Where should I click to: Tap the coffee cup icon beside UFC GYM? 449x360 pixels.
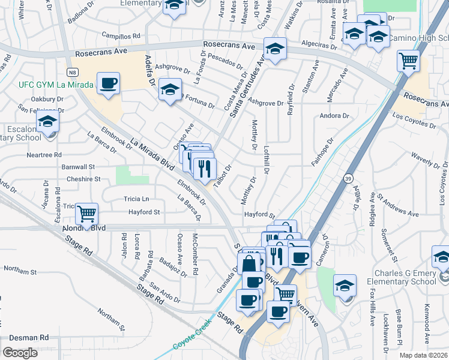[x=108, y=83]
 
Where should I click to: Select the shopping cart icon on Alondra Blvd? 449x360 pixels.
[x=87, y=213]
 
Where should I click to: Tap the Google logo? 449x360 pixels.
[x=20, y=352]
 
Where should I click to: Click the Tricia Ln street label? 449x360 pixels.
[x=136, y=199]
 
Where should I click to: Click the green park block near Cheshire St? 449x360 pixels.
[x=132, y=175]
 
